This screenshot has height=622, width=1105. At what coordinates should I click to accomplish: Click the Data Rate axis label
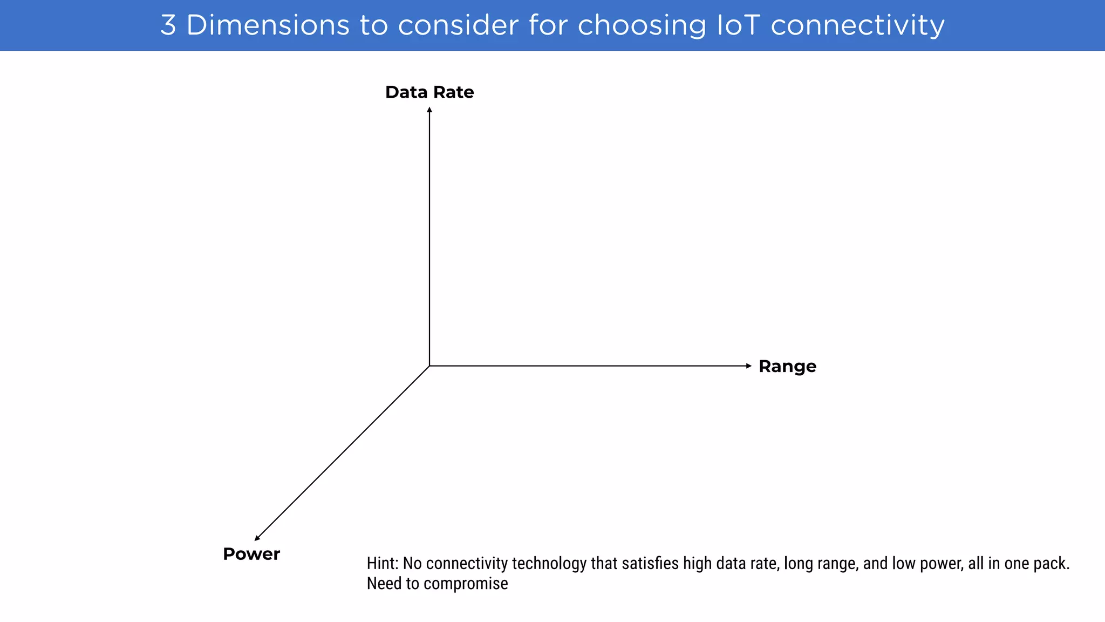(429, 92)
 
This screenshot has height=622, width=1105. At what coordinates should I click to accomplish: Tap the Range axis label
(787, 367)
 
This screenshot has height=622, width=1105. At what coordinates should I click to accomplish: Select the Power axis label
(251, 554)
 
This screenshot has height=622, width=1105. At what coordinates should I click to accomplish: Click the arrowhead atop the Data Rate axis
(429, 110)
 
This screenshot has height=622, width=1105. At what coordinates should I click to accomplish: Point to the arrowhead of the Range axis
(748, 366)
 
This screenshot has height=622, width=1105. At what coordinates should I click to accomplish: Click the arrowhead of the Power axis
(257, 538)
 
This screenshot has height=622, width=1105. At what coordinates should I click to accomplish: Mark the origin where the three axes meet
(429, 366)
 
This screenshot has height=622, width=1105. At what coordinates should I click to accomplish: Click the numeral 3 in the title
(168, 25)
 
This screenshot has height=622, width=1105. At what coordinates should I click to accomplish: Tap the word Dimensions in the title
(268, 25)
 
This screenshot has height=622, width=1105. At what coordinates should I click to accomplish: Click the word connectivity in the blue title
(857, 25)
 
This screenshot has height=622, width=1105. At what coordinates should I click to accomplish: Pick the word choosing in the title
(642, 25)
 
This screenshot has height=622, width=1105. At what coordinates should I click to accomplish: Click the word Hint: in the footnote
(383, 564)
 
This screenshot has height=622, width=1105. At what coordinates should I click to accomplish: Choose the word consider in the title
(458, 25)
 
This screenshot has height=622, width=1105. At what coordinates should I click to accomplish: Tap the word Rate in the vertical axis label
(453, 92)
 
